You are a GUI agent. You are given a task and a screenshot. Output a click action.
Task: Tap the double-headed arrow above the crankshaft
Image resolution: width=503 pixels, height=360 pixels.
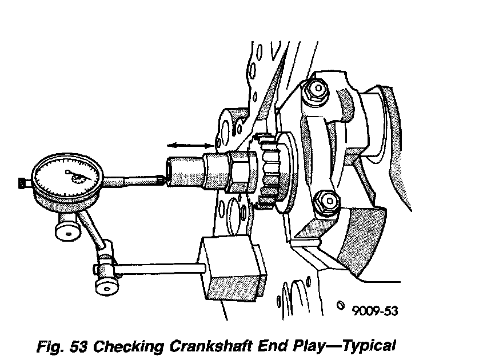[x=189, y=147]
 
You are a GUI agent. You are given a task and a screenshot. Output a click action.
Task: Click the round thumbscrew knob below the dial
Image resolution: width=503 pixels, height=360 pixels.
[x=67, y=231]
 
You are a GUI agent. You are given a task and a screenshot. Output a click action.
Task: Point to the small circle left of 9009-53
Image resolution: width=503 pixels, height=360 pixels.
[x=341, y=304]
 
